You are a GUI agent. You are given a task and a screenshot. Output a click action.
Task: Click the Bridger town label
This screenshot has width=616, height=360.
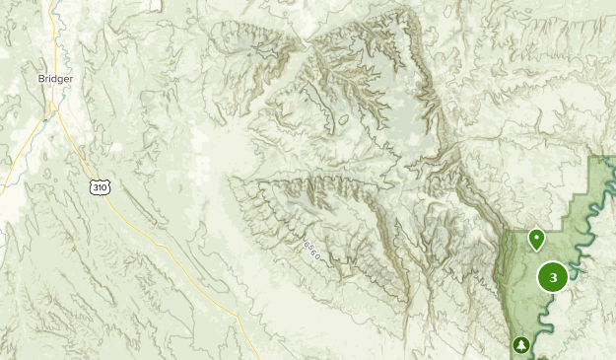(x=56, y=79)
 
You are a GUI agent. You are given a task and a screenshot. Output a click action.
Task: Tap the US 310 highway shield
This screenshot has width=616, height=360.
(x=99, y=186)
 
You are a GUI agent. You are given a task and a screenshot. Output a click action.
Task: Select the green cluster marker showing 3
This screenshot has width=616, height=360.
(x=553, y=278)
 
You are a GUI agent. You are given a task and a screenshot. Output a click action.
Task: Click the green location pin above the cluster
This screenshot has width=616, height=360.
(x=536, y=238)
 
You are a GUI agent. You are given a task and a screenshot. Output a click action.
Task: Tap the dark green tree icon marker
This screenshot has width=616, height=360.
(x=520, y=344)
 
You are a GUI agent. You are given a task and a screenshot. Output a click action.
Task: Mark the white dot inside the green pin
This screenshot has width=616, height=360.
(x=536, y=236)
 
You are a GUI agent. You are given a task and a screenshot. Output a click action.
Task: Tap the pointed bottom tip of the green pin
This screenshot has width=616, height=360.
(x=536, y=249)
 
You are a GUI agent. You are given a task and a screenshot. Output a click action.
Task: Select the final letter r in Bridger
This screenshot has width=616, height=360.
(x=71, y=79)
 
